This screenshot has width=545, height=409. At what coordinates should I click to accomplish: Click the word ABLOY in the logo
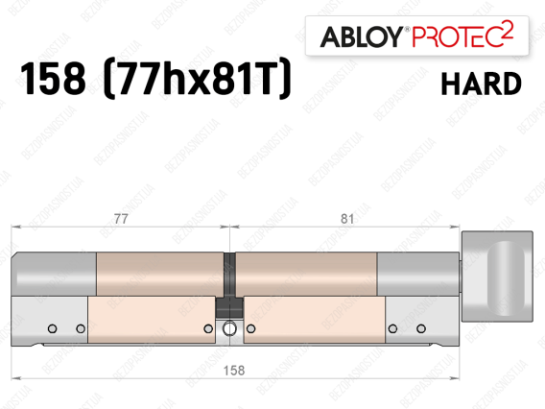tap(362, 36)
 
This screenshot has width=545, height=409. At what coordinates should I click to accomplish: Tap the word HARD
tap(482, 84)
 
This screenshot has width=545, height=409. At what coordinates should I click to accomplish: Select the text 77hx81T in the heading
tap(197, 78)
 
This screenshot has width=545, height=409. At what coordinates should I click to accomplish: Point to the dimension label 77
tap(121, 219)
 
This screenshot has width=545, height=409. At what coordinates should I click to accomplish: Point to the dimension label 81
tap(347, 219)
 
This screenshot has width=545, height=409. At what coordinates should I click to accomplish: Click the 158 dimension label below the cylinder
tap(234, 371)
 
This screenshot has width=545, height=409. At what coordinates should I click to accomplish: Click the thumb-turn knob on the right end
tap(497, 277)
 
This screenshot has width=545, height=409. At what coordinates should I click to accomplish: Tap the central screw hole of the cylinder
tap(229, 328)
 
